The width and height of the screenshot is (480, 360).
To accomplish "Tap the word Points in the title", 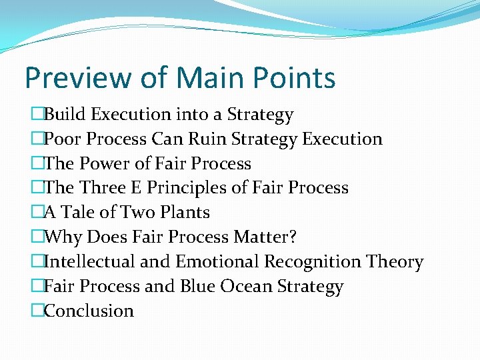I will click(x=297, y=78).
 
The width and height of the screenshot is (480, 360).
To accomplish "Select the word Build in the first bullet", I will click(x=65, y=115).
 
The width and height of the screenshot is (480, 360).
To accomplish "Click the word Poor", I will click(x=63, y=139).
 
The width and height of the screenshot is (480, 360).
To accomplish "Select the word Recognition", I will click(x=312, y=261).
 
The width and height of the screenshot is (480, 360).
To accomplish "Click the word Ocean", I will click(x=245, y=286).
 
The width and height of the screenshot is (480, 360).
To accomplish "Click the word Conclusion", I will click(x=89, y=311).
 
